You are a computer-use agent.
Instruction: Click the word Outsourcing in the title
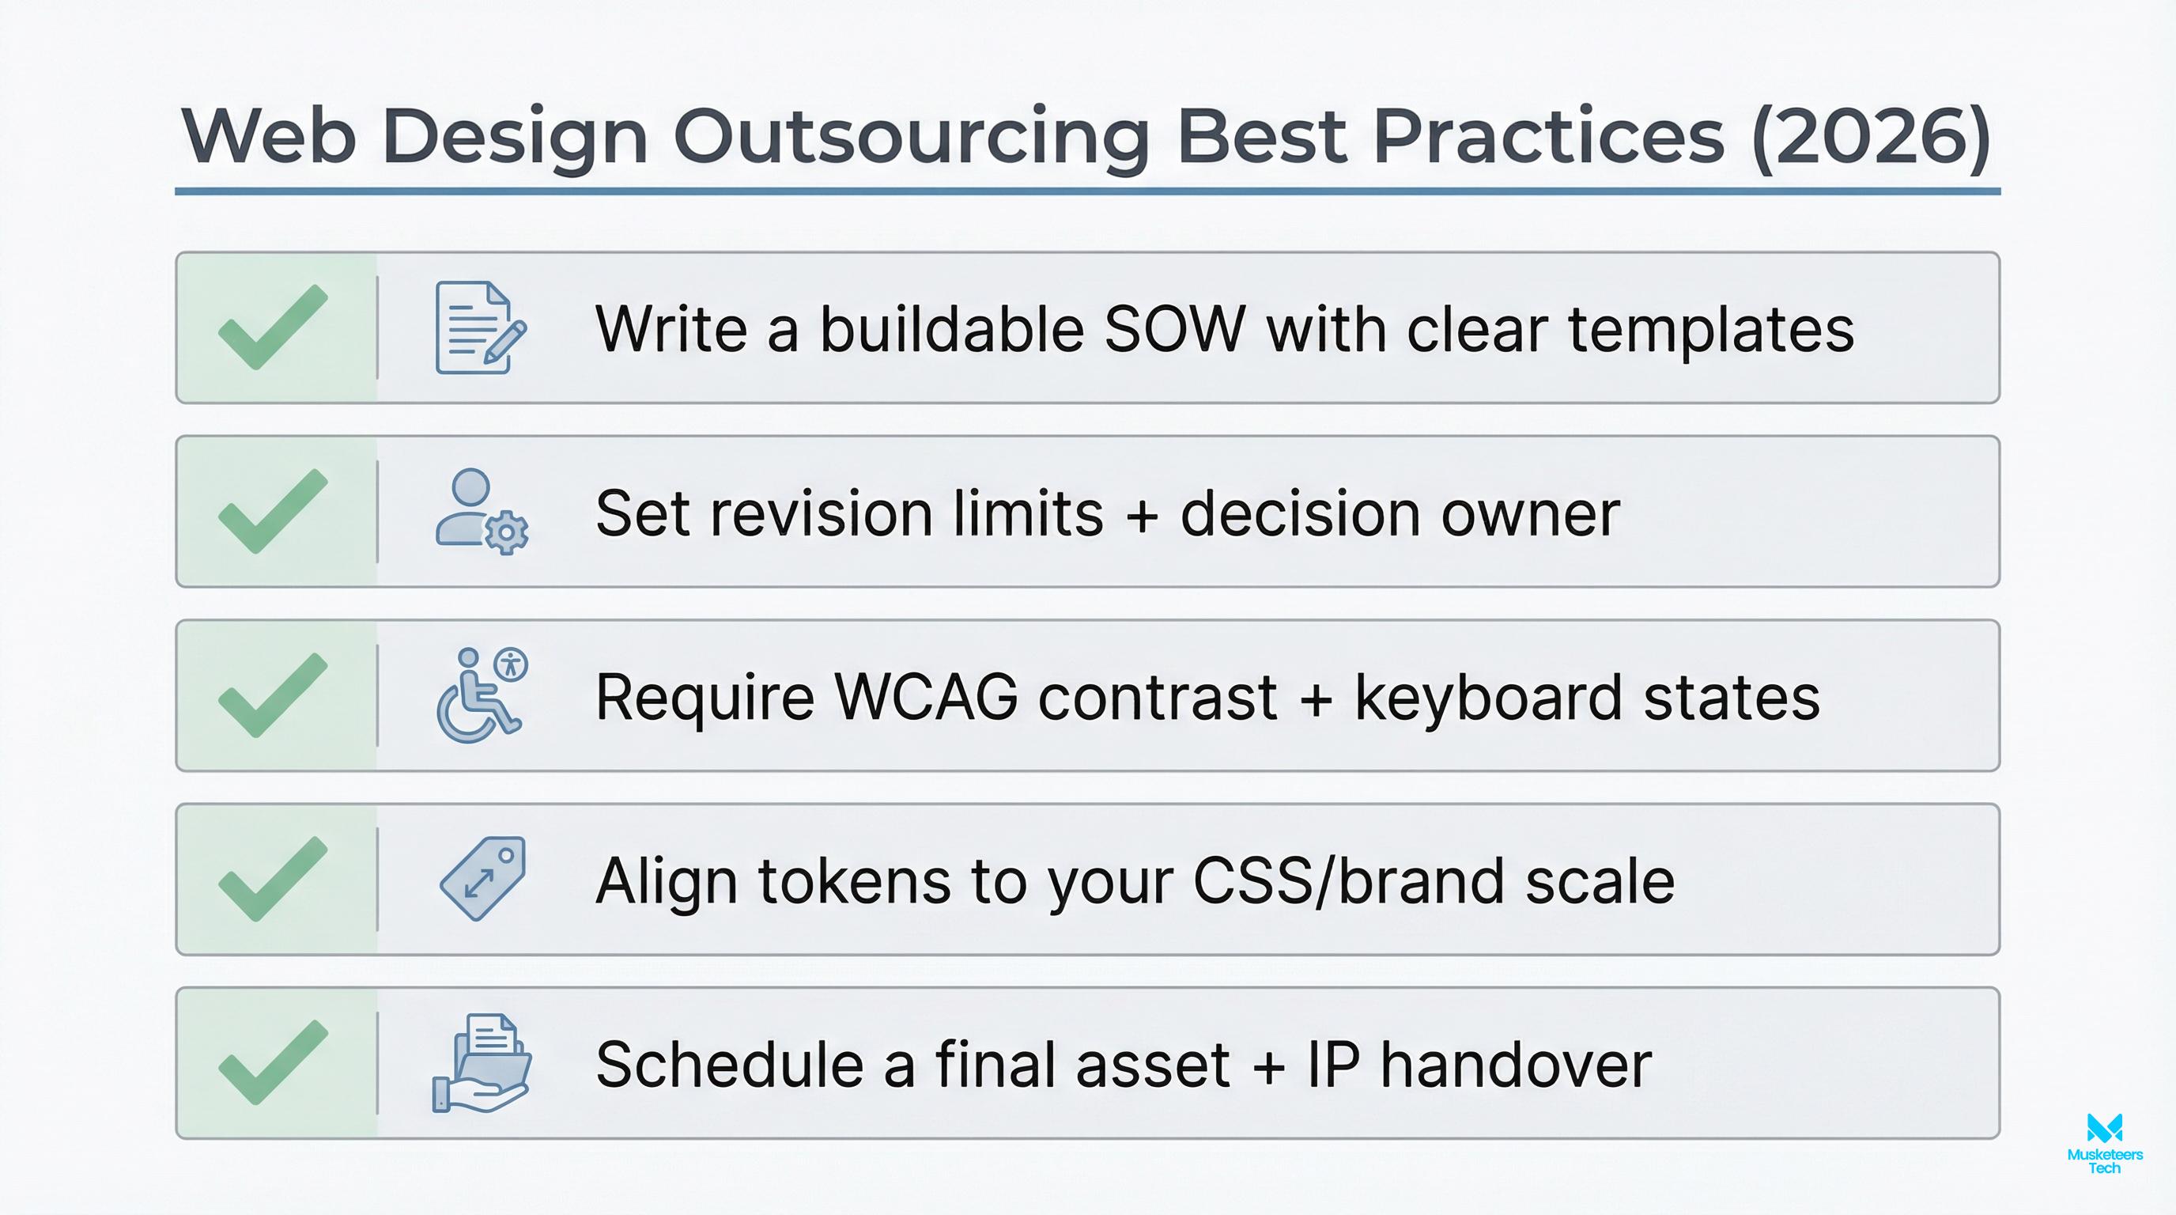[911, 137]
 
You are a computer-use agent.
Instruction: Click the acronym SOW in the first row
[1173, 329]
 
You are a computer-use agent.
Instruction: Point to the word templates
[1710, 329]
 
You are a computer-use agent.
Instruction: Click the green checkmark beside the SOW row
[273, 327]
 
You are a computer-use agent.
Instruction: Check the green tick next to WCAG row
[273, 695]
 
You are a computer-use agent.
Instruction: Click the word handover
[1516, 1065]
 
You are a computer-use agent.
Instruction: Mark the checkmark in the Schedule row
[273, 1063]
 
